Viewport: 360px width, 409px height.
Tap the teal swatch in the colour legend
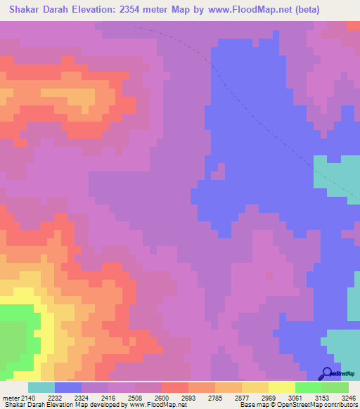coord(41,387)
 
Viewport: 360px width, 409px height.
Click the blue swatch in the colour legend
coord(68,387)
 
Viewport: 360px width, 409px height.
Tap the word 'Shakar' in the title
coord(25,10)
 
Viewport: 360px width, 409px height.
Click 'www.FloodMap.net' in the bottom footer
coord(152,405)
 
